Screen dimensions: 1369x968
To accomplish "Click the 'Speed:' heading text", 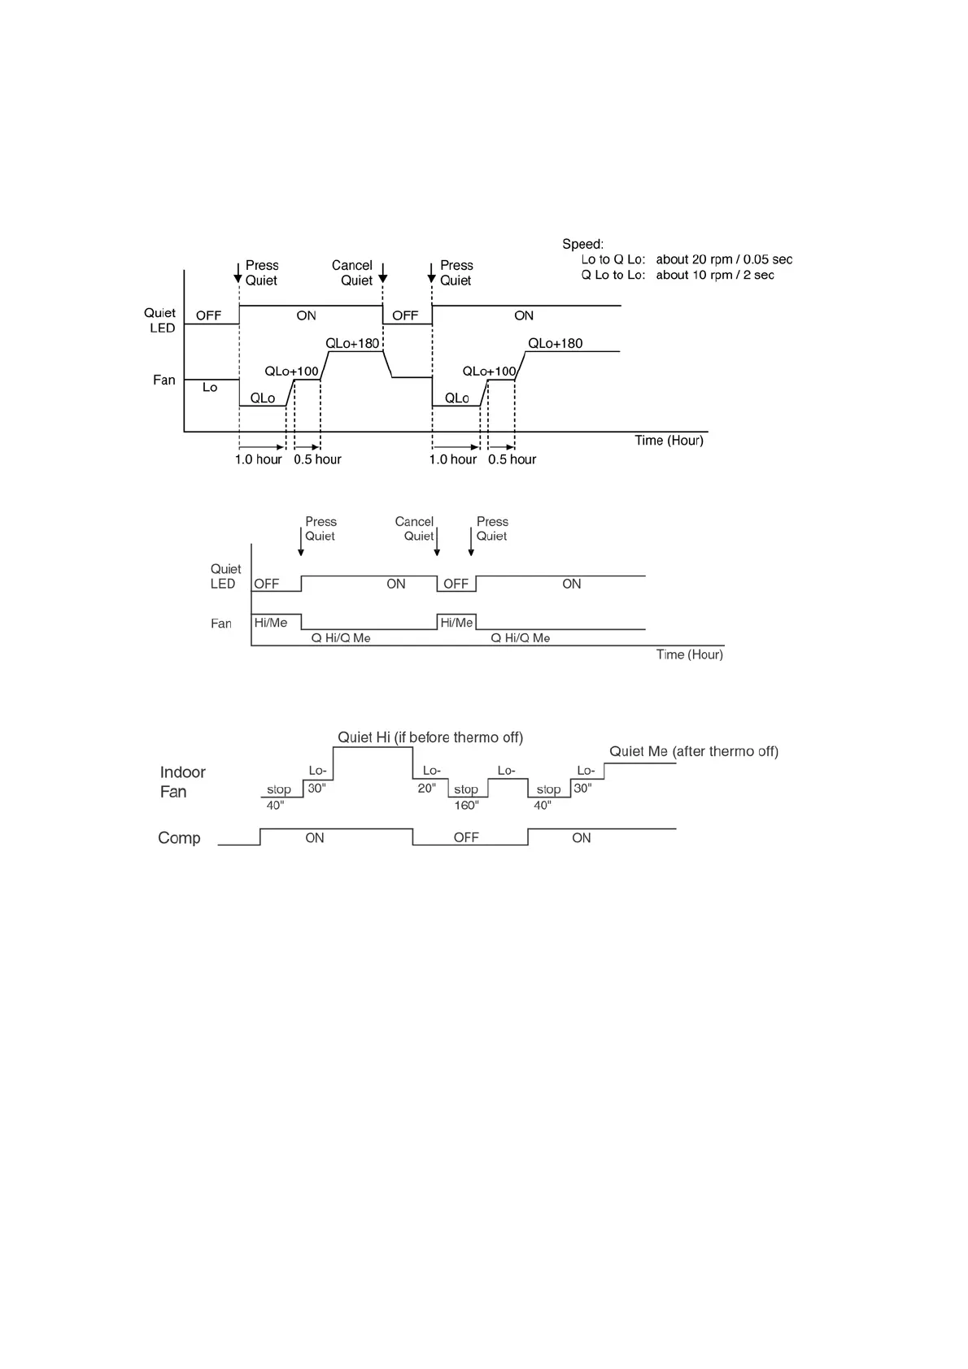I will pos(582,244).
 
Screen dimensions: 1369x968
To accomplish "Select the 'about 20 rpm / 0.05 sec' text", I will pos(723,259).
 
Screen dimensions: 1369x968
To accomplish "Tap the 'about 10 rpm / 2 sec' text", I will pos(714,275).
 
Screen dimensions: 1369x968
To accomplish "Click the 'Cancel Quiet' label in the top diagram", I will pos(352,272).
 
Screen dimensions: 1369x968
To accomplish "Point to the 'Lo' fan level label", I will pos(210,388).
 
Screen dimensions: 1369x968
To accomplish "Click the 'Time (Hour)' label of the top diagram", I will pos(669,441).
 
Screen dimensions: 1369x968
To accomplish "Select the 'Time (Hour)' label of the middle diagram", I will pos(689,654).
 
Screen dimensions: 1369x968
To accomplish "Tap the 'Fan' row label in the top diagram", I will pos(164,380).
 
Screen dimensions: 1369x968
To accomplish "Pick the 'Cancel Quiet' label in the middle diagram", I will pos(415,528).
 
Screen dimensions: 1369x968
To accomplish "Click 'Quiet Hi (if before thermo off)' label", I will pos(430,737).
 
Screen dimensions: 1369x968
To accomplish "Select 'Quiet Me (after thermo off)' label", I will pos(693,751).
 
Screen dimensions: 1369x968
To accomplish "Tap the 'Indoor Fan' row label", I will pos(181,782).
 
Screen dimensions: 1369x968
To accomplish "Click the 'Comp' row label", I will pos(179,838).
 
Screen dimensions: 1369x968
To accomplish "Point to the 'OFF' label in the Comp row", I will pos(466,837).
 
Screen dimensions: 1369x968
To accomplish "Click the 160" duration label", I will pos(466,806).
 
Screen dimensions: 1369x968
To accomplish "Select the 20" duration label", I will pos(427,789).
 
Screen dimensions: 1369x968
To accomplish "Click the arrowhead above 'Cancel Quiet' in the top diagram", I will pos(383,278).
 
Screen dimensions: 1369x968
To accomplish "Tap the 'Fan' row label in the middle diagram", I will pos(221,624).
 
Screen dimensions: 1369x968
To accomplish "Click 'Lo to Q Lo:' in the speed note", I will pos(613,259).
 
